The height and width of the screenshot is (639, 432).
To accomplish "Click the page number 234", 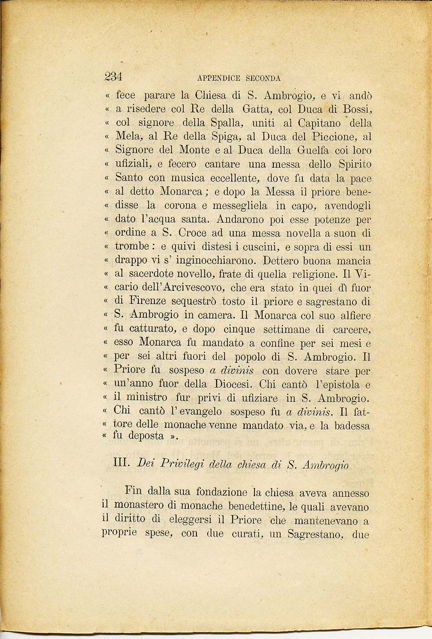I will pyautogui.click(x=113, y=76).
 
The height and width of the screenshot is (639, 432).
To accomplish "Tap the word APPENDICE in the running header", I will pyautogui.click(x=219, y=78).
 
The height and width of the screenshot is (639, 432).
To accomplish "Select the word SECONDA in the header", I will pyautogui.click(x=263, y=78).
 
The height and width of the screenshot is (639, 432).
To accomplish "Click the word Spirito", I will pyautogui.click(x=355, y=165).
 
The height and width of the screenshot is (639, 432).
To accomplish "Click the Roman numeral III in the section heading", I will pyautogui.click(x=122, y=463).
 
